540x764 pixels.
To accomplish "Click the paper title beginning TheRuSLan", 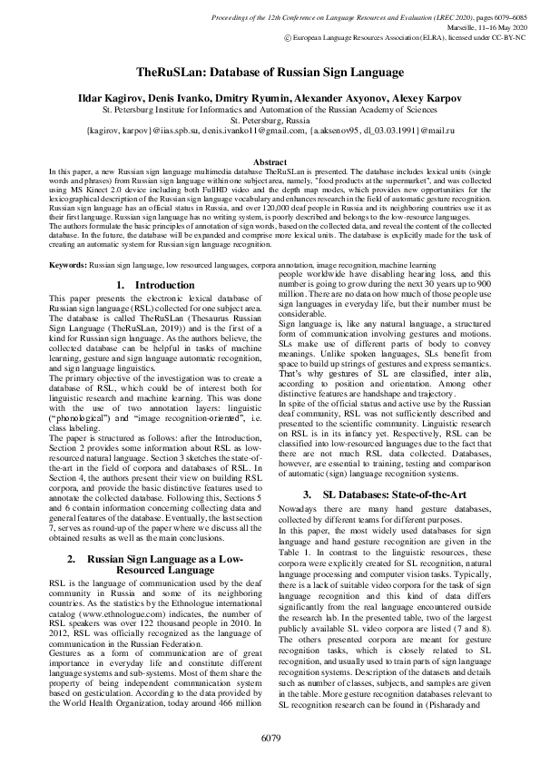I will click(x=270, y=71).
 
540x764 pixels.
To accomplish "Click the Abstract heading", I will click(x=270, y=162).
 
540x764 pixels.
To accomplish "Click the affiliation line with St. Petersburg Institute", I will click(x=270, y=108).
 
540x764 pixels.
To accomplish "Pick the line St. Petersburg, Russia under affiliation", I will click(x=270, y=119).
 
